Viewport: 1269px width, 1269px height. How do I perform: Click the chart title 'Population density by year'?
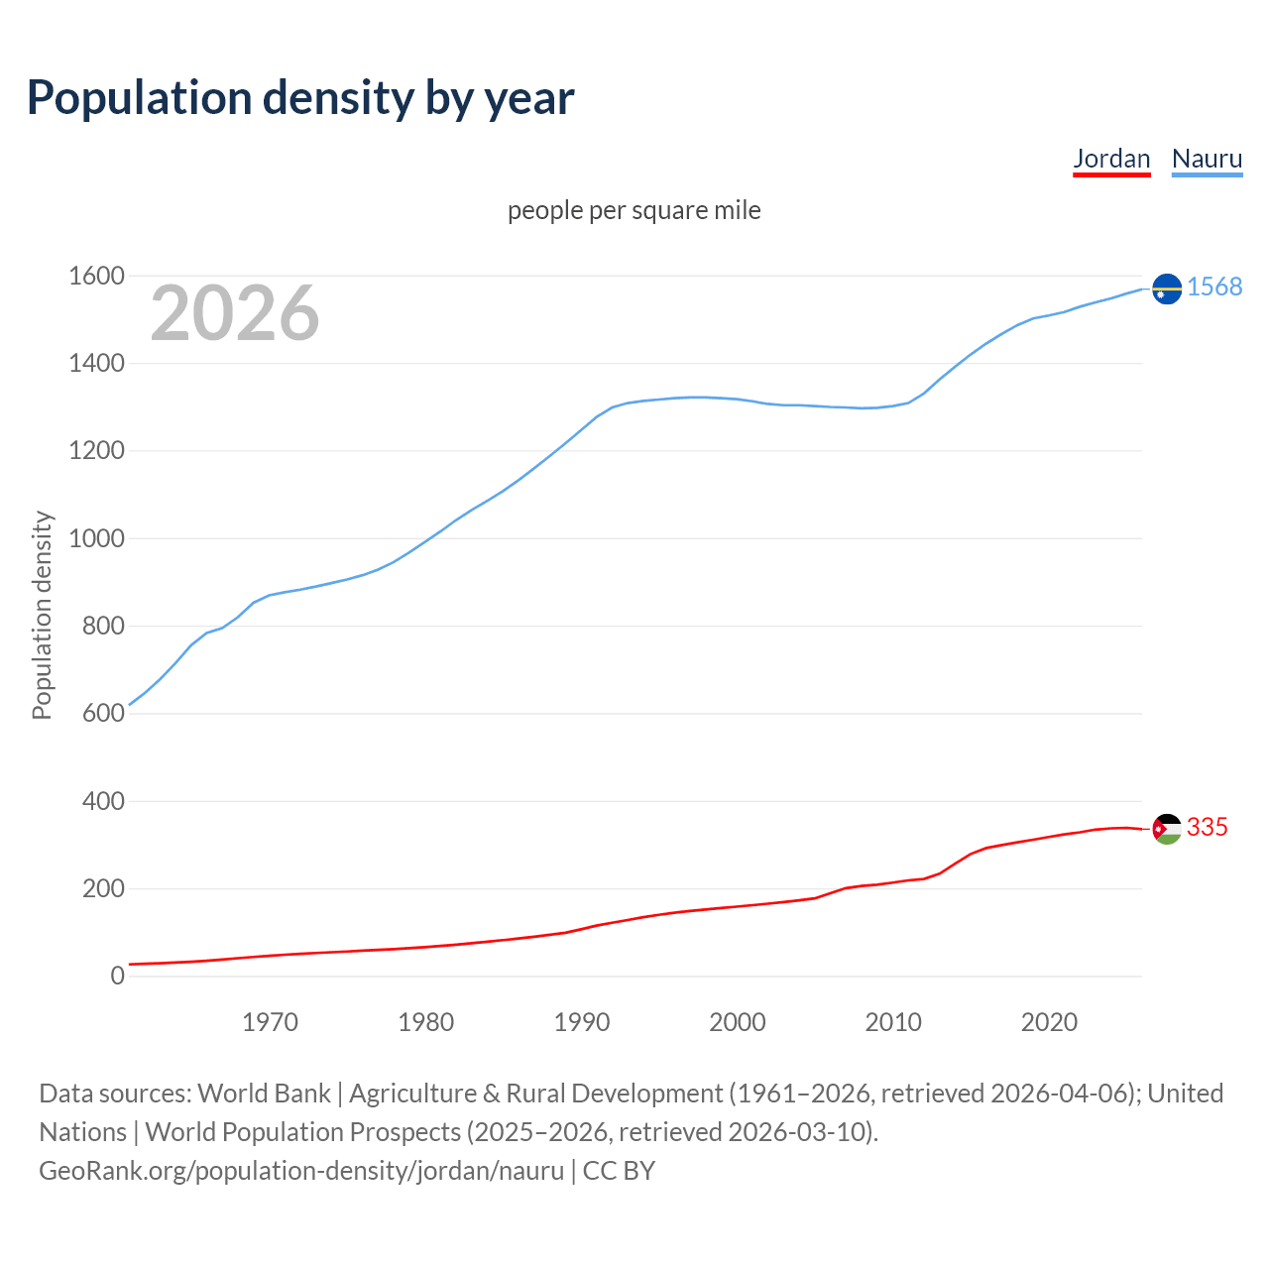pyautogui.click(x=300, y=97)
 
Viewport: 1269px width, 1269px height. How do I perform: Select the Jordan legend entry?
pyautogui.click(x=1111, y=159)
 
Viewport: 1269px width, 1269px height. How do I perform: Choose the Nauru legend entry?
pyautogui.click(x=1207, y=159)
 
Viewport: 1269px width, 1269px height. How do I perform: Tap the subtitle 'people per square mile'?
pyautogui.click(x=634, y=210)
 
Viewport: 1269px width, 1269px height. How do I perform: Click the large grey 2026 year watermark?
pyautogui.click(x=235, y=313)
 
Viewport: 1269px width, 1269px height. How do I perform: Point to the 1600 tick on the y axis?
pyautogui.click(x=96, y=276)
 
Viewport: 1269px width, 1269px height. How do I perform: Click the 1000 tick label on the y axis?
pyautogui.click(x=96, y=538)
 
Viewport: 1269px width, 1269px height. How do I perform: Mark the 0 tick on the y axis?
pyautogui.click(x=118, y=976)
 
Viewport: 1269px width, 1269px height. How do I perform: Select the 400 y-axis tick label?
pyautogui.click(x=103, y=801)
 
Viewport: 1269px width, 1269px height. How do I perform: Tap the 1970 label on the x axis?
pyautogui.click(x=270, y=1022)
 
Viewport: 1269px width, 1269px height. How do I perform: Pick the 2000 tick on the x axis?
pyautogui.click(x=737, y=1022)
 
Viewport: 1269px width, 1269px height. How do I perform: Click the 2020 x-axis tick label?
pyautogui.click(x=1049, y=1022)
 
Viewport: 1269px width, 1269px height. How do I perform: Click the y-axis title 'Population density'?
pyautogui.click(x=42, y=615)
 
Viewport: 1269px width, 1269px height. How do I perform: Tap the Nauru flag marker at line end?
pyautogui.click(x=1167, y=288)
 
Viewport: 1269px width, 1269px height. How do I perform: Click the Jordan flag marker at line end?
pyautogui.click(x=1167, y=828)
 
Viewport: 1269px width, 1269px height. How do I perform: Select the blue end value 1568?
pyautogui.click(x=1214, y=287)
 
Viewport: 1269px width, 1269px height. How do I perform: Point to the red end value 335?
pyautogui.click(x=1207, y=827)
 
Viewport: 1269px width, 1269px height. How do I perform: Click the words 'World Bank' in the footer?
pyautogui.click(x=264, y=1093)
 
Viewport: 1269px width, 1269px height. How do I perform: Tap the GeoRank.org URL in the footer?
pyautogui.click(x=301, y=1170)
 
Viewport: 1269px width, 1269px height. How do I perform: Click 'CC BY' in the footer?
pyautogui.click(x=619, y=1170)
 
